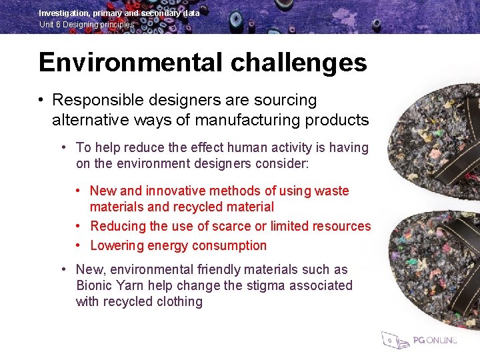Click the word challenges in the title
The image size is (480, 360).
pyautogui.click(x=299, y=63)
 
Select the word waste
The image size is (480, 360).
pyautogui.click(x=332, y=191)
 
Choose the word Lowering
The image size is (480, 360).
pyautogui.click(x=117, y=245)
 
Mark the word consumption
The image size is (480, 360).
pyautogui.click(x=230, y=245)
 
